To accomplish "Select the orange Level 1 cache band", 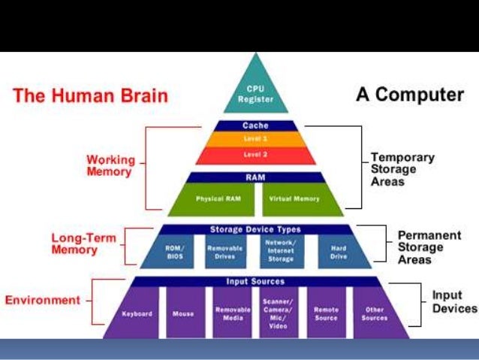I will click(255, 139).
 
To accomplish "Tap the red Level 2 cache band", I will click(255, 155).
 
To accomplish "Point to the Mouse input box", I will click(182, 312).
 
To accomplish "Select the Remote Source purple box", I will click(326, 312).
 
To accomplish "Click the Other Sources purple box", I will click(373, 312).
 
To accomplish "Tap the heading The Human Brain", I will click(91, 96).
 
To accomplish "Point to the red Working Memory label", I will click(109, 165).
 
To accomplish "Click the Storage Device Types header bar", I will click(255, 229).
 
